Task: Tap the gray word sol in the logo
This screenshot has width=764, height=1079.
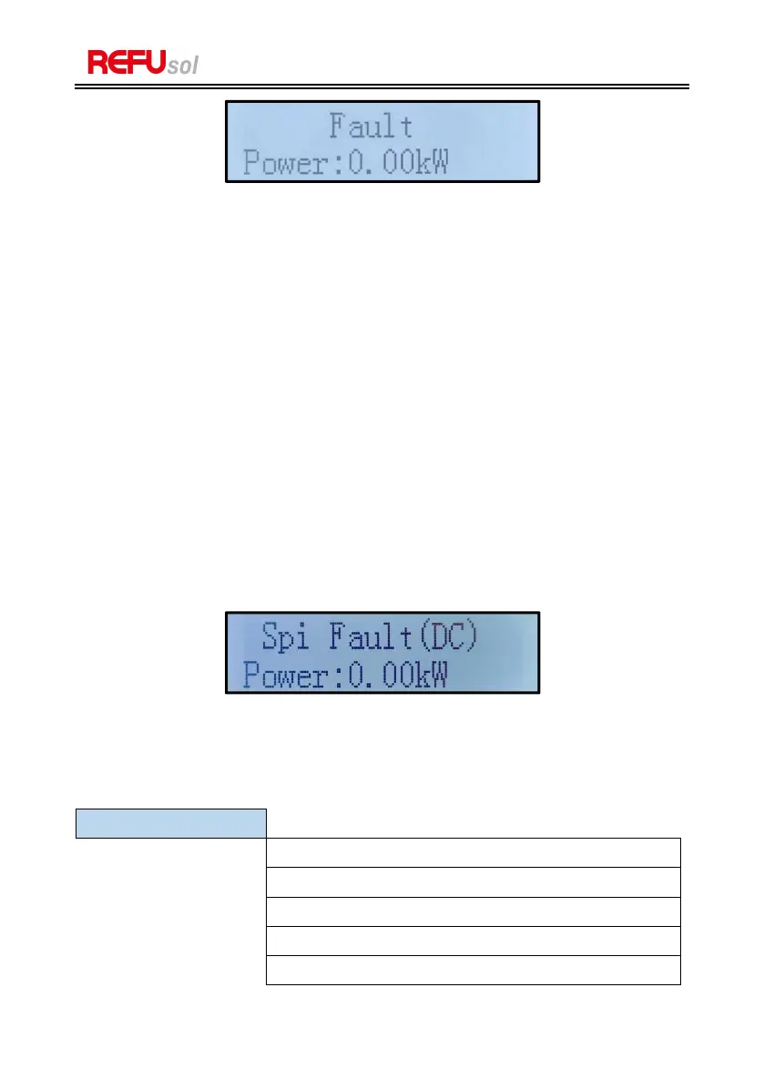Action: click(x=183, y=66)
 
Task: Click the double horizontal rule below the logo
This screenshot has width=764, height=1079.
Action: click(x=382, y=87)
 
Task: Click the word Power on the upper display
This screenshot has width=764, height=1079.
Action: click(x=283, y=165)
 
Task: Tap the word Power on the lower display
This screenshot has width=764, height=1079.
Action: click(x=283, y=677)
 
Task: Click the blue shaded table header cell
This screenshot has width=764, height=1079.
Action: click(x=170, y=822)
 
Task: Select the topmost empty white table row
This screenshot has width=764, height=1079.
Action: click(x=473, y=852)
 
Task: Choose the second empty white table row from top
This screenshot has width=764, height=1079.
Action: click(x=473, y=881)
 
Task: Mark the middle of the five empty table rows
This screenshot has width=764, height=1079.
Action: click(x=473, y=911)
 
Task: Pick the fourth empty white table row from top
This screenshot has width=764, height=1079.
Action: click(x=473, y=941)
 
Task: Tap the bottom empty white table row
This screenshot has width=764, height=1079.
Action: click(x=473, y=970)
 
